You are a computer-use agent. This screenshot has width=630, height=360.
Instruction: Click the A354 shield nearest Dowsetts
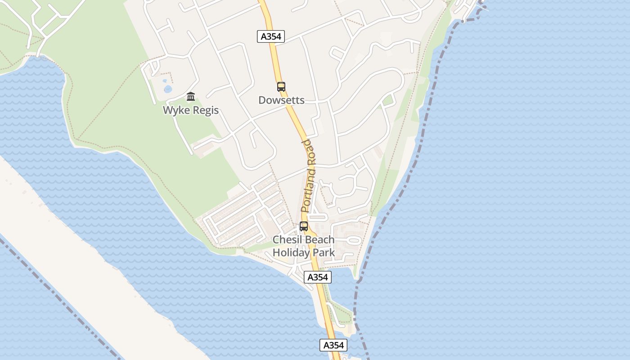(x=271, y=36)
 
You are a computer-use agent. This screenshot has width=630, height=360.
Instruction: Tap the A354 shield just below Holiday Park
(x=318, y=277)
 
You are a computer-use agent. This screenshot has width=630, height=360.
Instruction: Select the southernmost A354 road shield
(x=333, y=345)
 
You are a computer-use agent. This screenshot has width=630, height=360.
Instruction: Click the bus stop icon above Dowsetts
(x=281, y=87)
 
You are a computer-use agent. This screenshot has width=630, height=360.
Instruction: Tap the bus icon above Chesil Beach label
(x=304, y=226)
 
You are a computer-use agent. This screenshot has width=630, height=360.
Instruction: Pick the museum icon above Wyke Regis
(x=191, y=97)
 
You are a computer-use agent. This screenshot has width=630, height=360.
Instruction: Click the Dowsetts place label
(x=281, y=100)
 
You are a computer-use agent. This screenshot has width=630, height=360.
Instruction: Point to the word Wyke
(x=176, y=110)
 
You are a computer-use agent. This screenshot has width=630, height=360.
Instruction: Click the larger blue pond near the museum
(x=168, y=89)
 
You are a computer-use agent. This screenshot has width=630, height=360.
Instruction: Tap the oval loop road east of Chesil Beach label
(x=354, y=240)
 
